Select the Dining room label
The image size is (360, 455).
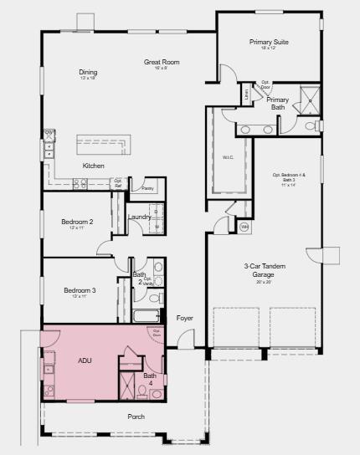(89, 72)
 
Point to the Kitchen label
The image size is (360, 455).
(94, 166)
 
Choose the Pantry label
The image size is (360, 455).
(147, 189)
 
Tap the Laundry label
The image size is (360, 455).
(139, 217)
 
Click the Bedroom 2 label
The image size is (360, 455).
(77, 222)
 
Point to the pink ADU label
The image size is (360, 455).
(85, 361)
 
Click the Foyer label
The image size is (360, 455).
(185, 318)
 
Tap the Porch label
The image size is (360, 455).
(136, 417)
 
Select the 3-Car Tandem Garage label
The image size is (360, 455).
(264, 270)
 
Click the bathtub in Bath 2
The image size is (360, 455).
(147, 317)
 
